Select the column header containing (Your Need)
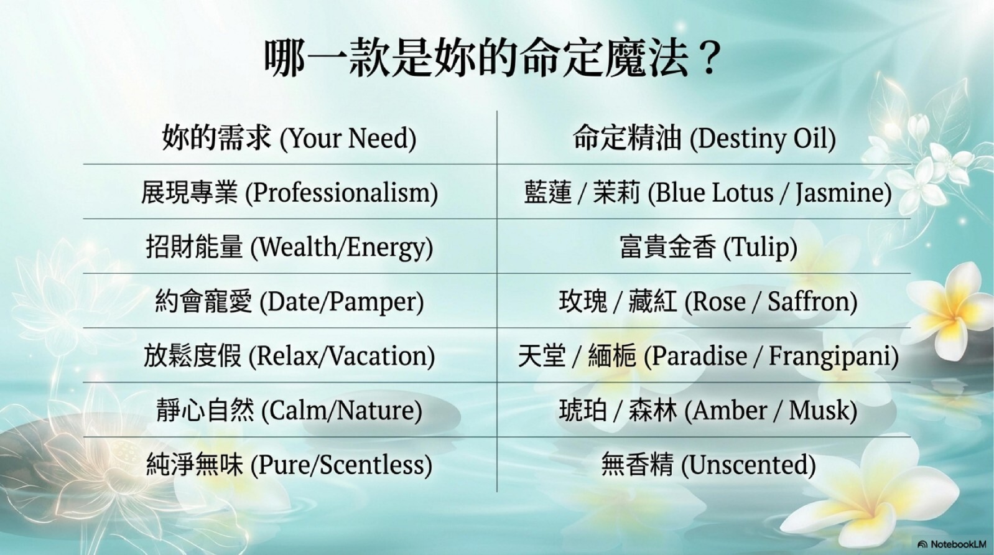click(289, 138)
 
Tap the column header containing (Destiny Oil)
click(704, 138)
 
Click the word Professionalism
click(341, 194)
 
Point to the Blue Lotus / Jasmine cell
click(708, 193)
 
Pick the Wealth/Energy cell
click(289, 248)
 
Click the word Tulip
click(760, 248)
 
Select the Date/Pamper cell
click(289, 302)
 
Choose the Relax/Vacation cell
click(289, 357)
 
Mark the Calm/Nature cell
click(289, 411)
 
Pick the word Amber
click(729, 410)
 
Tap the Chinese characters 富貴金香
click(668, 248)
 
